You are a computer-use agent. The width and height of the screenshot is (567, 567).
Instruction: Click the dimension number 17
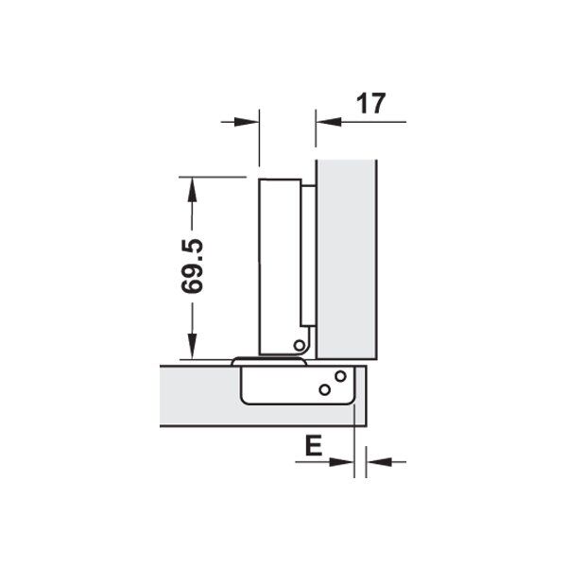(x=371, y=104)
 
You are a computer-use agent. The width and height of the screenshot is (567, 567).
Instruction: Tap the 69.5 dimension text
(x=192, y=266)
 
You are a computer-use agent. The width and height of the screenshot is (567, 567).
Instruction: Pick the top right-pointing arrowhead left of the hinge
(x=247, y=122)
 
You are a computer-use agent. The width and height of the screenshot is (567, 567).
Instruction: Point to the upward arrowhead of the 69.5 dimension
(x=192, y=190)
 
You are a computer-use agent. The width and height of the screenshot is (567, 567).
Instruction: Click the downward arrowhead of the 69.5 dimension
(x=192, y=347)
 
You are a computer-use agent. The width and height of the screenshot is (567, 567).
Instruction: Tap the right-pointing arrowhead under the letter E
(x=342, y=462)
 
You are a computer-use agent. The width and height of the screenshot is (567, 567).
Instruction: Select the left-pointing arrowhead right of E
(x=379, y=462)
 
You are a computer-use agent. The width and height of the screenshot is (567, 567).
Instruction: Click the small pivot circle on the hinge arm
(x=299, y=345)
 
